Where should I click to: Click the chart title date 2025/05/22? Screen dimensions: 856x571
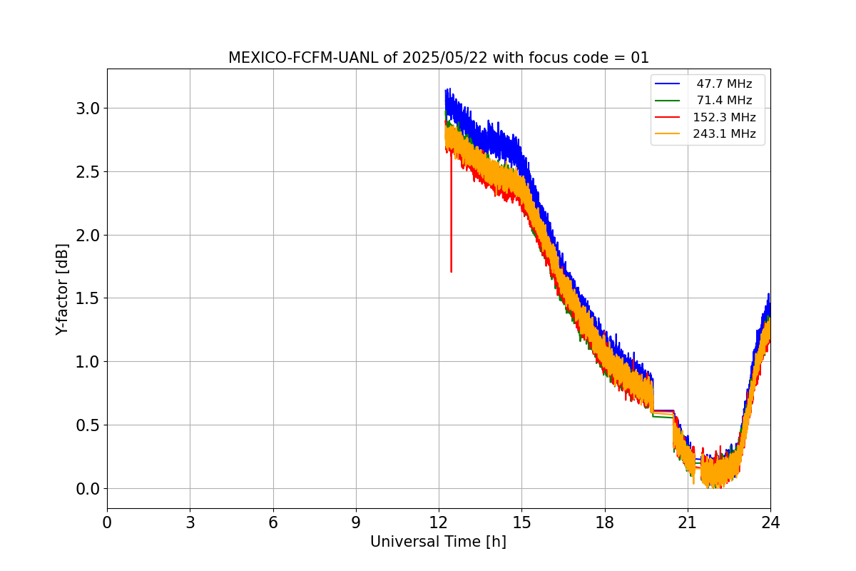coord(445,58)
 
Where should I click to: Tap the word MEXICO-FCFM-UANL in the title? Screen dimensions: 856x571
coord(303,58)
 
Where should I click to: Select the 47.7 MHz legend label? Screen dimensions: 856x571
coord(724,84)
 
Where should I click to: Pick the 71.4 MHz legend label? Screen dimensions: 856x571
coord(724,100)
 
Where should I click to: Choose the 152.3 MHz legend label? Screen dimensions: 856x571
coord(724,117)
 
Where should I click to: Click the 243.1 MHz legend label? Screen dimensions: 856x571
coord(724,133)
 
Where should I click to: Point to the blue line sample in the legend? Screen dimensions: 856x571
coord(667,84)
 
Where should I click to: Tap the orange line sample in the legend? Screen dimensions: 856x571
coord(667,133)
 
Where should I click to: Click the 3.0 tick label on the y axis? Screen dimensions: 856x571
coord(88,108)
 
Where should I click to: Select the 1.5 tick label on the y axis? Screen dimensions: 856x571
coord(88,298)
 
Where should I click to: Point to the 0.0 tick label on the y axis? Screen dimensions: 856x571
coord(88,489)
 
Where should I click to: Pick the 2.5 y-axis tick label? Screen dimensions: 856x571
coord(88,172)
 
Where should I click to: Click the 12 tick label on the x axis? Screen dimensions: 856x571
coord(439,522)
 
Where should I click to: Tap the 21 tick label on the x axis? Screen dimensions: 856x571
coord(688,522)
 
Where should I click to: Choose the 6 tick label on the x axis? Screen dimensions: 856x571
coord(273,522)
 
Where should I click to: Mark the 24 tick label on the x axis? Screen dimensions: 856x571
coord(770,522)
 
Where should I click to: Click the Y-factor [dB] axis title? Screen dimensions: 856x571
coord(62,289)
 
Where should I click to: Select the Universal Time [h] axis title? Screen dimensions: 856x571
coord(438,542)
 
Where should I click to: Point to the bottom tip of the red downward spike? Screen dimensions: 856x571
coord(452,272)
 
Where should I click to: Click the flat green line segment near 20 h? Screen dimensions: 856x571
coord(663,417)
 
